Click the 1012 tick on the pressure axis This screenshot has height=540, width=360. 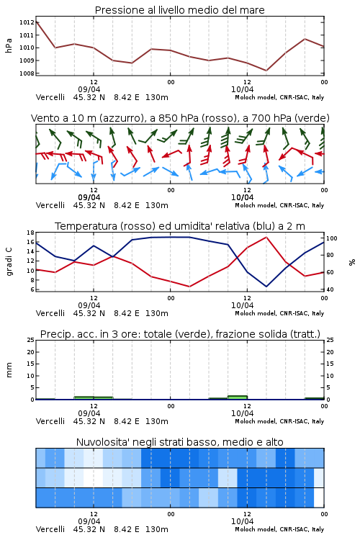[27, 22]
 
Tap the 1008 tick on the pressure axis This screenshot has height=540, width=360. [27, 73]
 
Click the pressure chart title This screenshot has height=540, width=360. [180, 10]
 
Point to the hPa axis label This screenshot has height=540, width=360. [9, 45]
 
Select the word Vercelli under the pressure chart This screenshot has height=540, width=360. [50, 97]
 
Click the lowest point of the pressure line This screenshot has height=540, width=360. [266, 71]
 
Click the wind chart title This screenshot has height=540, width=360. [180, 118]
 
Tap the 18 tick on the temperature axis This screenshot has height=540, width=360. [30, 233]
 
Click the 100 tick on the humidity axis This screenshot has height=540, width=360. [332, 238]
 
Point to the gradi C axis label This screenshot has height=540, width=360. [9, 261]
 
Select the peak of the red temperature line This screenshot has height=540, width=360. [266, 237]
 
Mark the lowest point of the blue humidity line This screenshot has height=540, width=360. [266, 287]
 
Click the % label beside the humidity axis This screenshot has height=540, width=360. [352, 262]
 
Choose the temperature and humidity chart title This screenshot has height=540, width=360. [180, 226]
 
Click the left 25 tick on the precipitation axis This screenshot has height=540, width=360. [30, 340]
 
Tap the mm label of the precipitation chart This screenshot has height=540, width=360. [9, 370]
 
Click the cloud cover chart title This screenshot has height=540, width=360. [180, 442]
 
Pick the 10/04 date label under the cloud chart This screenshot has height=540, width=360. [242, 521]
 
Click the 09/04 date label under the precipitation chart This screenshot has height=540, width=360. [89, 413]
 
